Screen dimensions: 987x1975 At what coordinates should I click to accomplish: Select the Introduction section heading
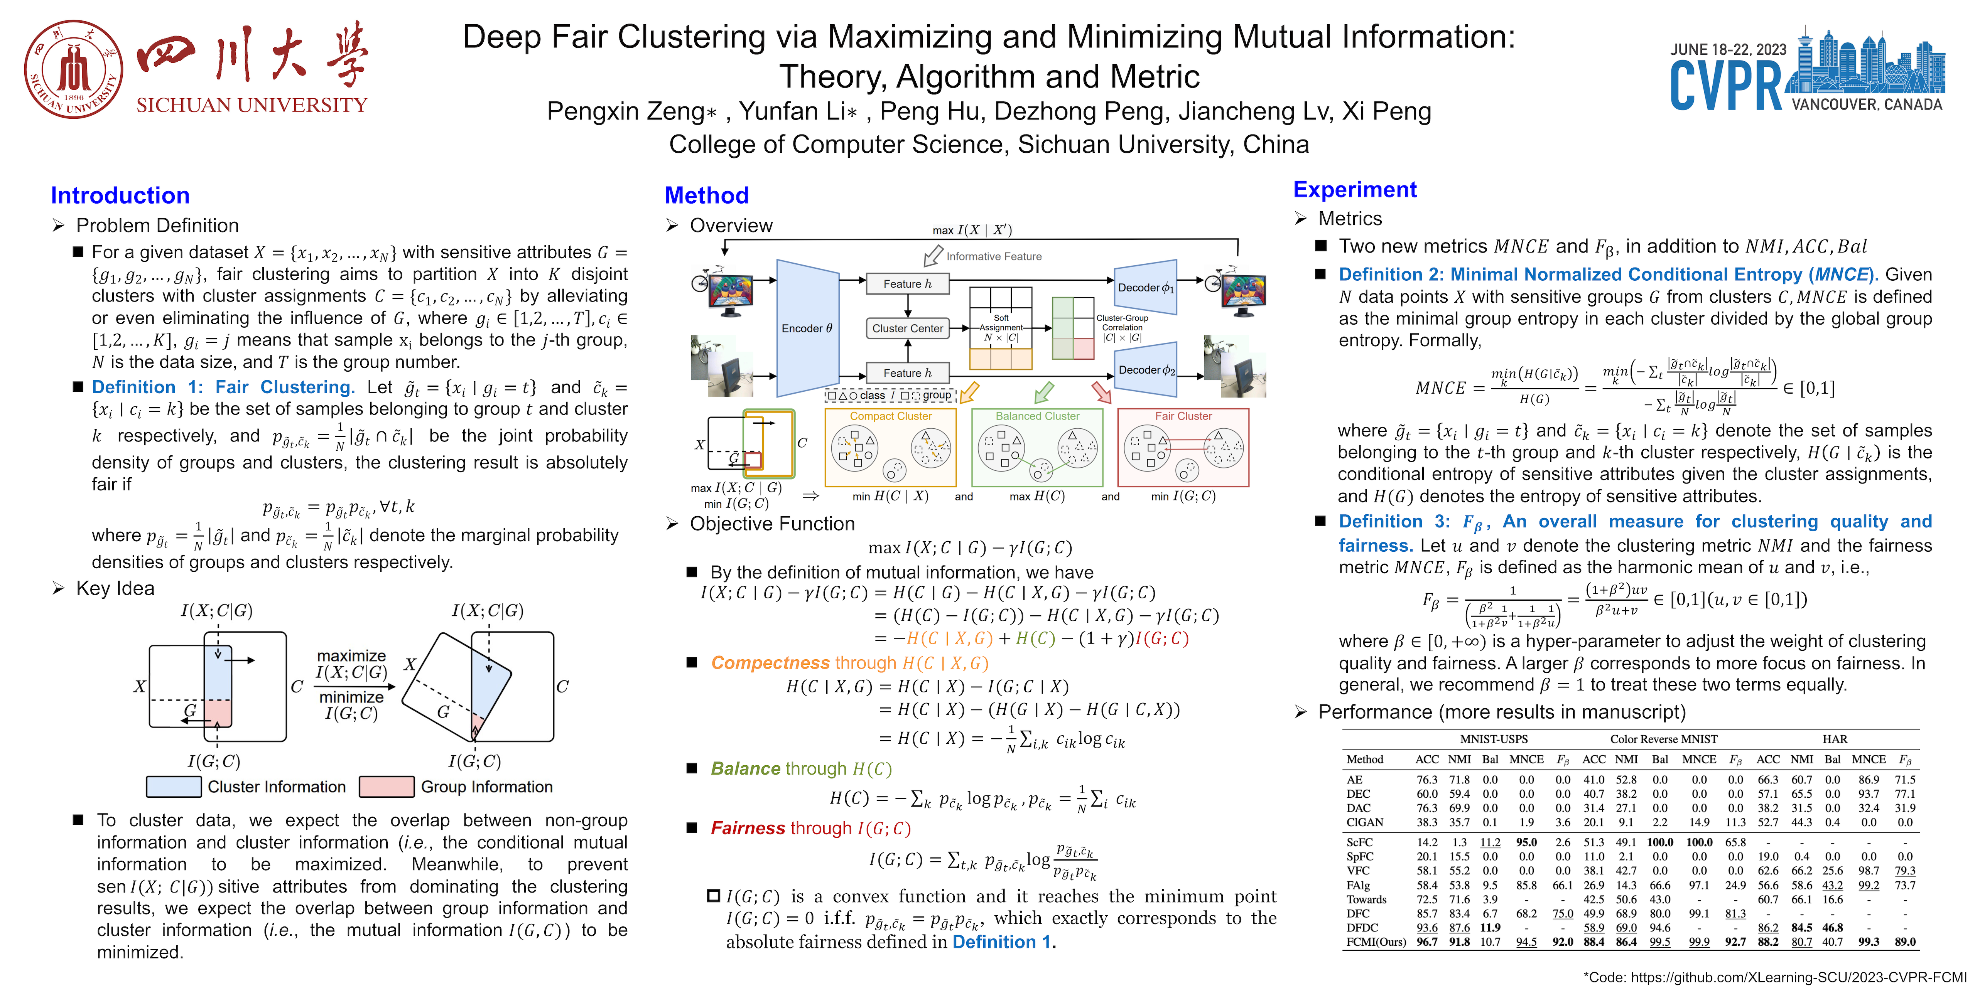pos(120,195)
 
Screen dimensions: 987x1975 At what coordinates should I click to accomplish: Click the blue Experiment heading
pos(1355,189)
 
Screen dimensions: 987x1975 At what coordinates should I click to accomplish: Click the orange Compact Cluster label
pos(891,416)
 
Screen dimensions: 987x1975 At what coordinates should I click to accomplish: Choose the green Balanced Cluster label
pos(1037,416)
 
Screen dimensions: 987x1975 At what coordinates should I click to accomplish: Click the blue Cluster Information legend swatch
pos(174,787)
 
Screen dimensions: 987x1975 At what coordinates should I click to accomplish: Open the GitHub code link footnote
pos(1779,977)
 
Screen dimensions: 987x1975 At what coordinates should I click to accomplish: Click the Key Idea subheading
pos(115,588)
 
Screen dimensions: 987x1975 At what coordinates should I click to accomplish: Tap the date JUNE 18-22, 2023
pos(1728,50)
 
